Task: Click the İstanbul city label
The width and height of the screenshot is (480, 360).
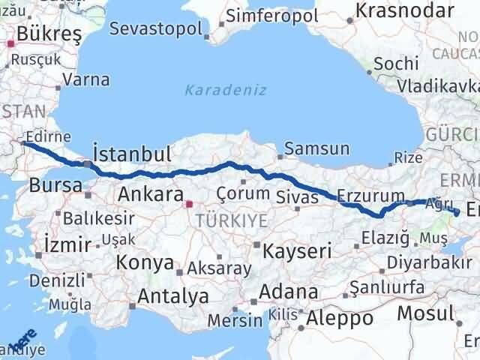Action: (x=131, y=154)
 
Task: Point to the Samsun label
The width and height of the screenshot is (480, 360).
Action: (x=316, y=149)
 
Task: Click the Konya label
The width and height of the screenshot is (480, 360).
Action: (x=144, y=263)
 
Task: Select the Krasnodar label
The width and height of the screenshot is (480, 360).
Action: (x=405, y=11)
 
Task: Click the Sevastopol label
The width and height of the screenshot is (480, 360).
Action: (x=155, y=28)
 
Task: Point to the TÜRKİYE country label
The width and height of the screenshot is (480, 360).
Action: (x=231, y=220)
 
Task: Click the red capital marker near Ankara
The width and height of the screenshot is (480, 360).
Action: (x=188, y=202)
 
